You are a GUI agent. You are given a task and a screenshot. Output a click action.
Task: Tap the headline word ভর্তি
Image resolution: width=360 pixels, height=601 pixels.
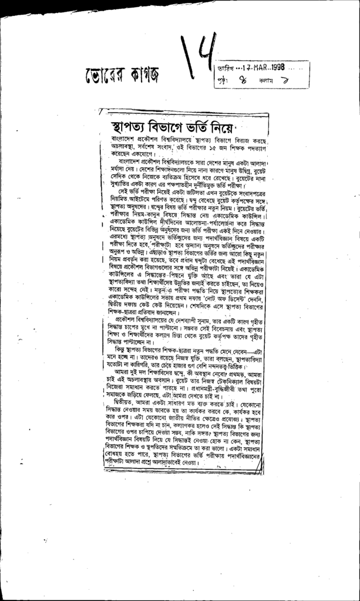click(212, 127)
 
